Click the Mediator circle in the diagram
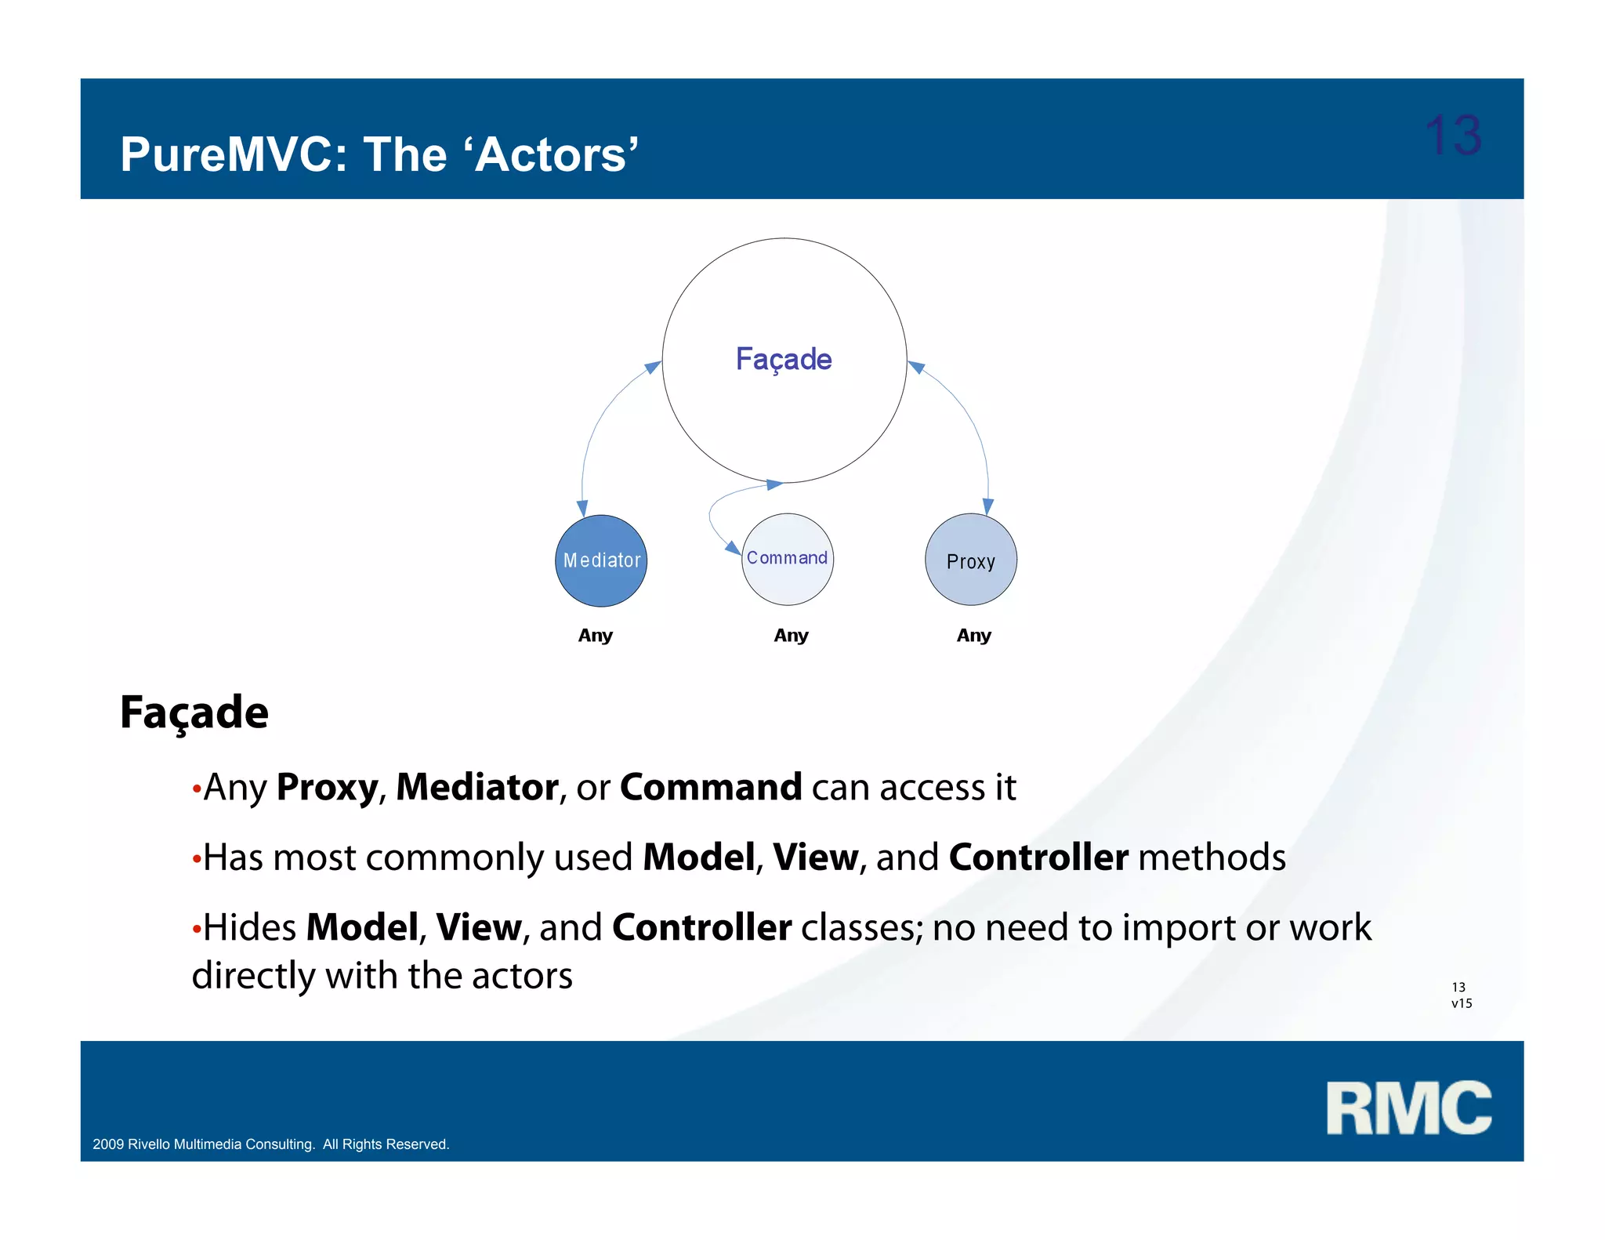[x=601, y=560]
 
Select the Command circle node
[x=787, y=559]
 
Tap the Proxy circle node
[x=970, y=560]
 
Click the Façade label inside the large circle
[x=784, y=359]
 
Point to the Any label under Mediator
[x=595, y=635]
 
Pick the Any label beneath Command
[x=791, y=635]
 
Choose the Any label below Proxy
[x=973, y=635]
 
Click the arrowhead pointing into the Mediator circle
[x=582, y=507]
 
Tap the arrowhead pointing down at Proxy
[x=987, y=506]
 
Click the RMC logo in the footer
[x=1408, y=1108]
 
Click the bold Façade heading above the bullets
[x=194, y=712]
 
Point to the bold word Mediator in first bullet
[x=476, y=787]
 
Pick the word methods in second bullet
[x=1212, y=857]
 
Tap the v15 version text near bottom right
[x=1462, y=1003]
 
